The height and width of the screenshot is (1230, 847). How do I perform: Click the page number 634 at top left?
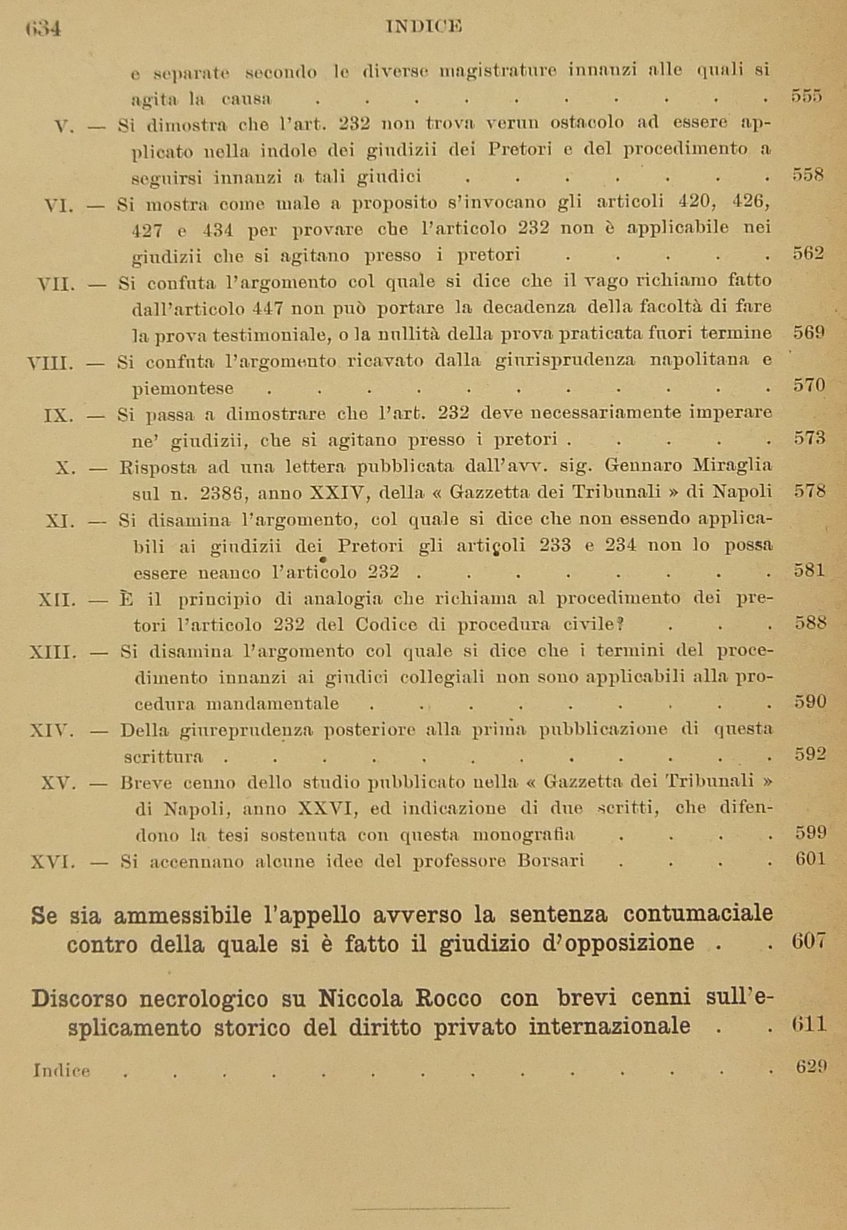44,29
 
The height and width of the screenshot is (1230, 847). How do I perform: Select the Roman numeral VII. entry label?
57,285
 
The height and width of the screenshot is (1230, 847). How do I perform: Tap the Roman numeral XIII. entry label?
53,652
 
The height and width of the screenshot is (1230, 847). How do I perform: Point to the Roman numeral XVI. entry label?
53,861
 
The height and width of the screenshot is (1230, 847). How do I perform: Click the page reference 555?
807,95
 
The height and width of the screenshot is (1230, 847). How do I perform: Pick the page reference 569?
809,333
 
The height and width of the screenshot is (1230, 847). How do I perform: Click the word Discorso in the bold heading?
79,999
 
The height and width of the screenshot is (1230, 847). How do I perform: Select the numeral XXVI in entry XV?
323,809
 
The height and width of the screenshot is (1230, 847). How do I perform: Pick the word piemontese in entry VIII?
183,389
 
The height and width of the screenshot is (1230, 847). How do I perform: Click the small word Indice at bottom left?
62,1070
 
